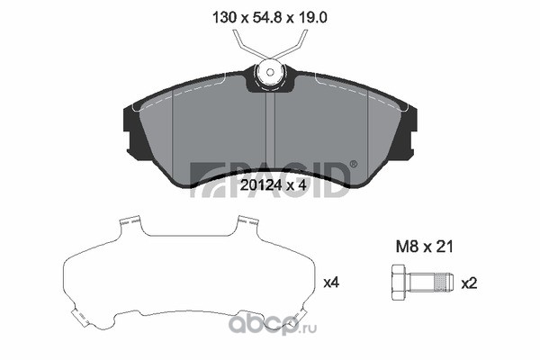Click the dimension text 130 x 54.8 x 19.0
coord(270,17)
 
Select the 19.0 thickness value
coord(311,17)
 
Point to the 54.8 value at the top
coord(268,17)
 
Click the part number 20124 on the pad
coord(259,185)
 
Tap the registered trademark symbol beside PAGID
coord(353,164)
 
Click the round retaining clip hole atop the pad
coord(270,72)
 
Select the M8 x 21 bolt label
coord(424,247)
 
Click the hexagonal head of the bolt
coord(400,283)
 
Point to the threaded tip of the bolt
coord(445,283)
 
